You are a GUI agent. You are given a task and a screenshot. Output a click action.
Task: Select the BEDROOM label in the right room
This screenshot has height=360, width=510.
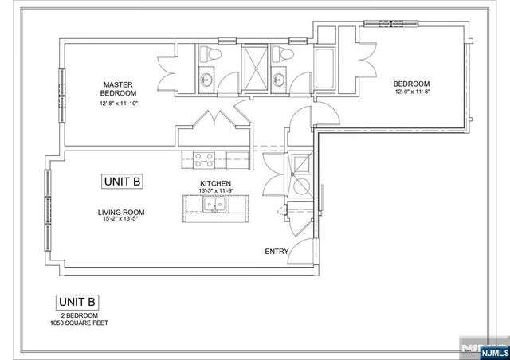[411, 84]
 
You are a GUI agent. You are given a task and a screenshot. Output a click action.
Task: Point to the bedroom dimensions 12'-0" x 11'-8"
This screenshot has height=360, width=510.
[411, 92]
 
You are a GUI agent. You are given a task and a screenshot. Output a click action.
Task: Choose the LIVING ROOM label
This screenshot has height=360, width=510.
[121, 212]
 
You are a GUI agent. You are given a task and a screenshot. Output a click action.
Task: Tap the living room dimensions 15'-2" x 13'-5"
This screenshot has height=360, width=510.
[121, 220]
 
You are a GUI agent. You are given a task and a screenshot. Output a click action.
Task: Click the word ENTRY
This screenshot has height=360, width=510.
[276, 252]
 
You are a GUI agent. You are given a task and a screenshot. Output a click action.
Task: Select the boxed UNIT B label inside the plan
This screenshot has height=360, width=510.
[122, 182]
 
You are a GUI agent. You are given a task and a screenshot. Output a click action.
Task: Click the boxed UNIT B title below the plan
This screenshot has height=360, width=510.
[76, 302]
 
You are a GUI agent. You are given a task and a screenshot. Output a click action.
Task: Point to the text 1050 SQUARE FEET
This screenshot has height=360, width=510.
[76, 323]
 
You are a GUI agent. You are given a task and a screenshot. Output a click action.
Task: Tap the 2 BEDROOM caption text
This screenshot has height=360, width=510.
[76, 315]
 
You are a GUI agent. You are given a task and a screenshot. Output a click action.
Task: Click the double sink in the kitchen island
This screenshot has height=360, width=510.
[214, 205]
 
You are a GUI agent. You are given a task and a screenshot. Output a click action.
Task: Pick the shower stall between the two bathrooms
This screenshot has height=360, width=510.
[255, 64]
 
